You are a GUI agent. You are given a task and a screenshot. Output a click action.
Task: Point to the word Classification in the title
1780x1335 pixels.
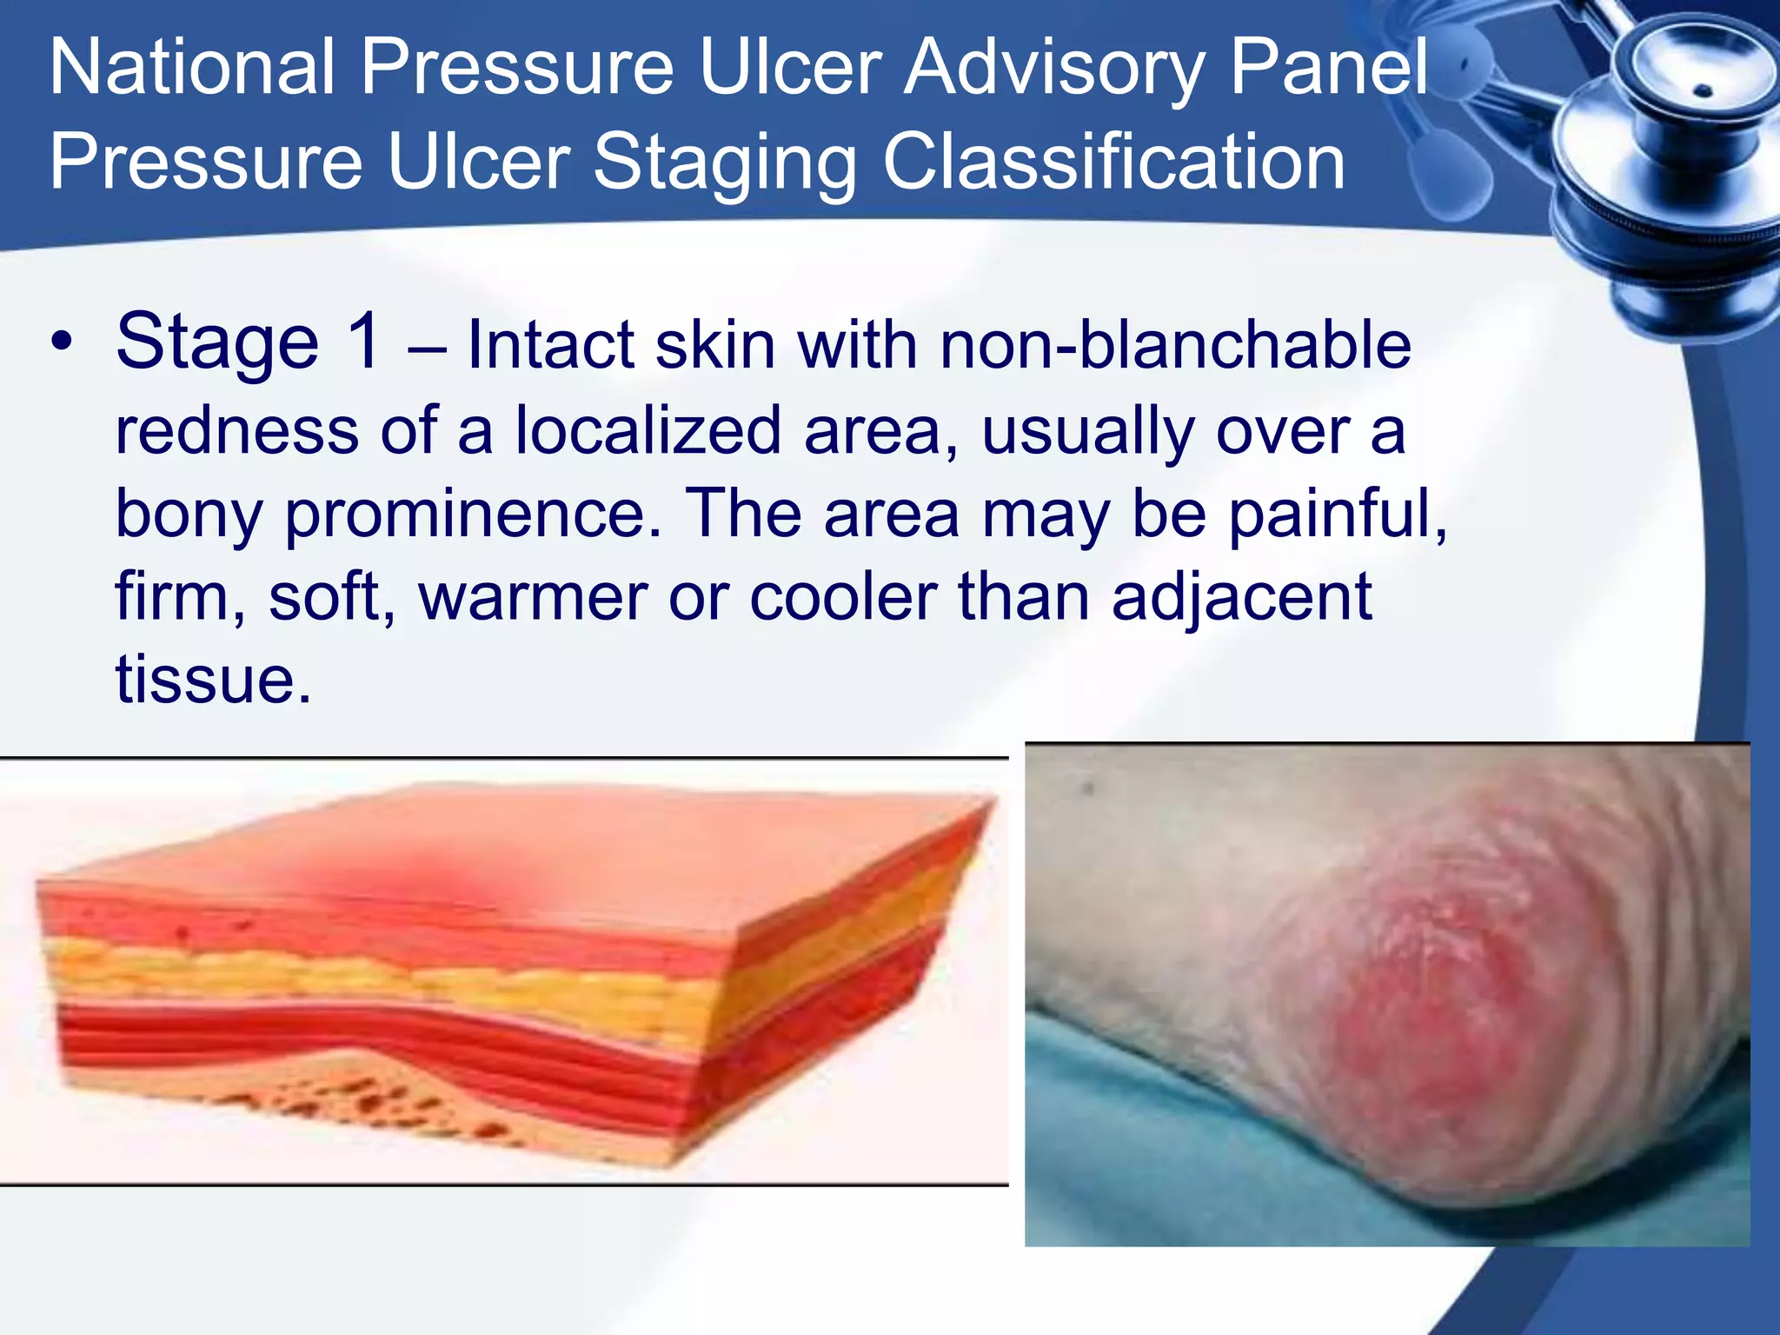pos(1113,163)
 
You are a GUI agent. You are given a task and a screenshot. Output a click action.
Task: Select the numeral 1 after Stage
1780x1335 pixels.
pos(362,342)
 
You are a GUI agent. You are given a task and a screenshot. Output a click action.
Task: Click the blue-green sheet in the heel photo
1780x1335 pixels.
pos(1130,1139)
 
